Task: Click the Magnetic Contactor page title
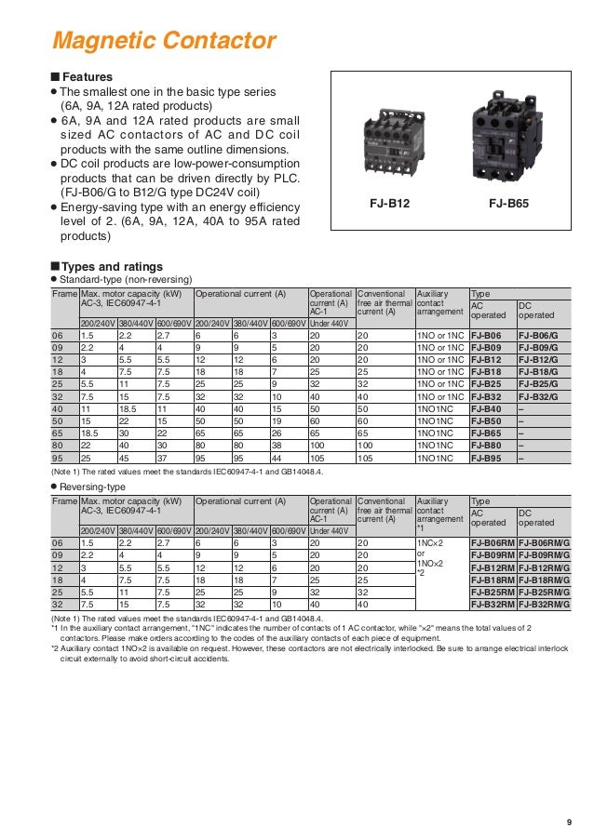(164, 42)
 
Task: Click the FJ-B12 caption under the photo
(390, 202)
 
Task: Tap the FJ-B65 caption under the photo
(509, 202)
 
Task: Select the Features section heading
(87, 76)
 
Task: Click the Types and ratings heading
(111, 266)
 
